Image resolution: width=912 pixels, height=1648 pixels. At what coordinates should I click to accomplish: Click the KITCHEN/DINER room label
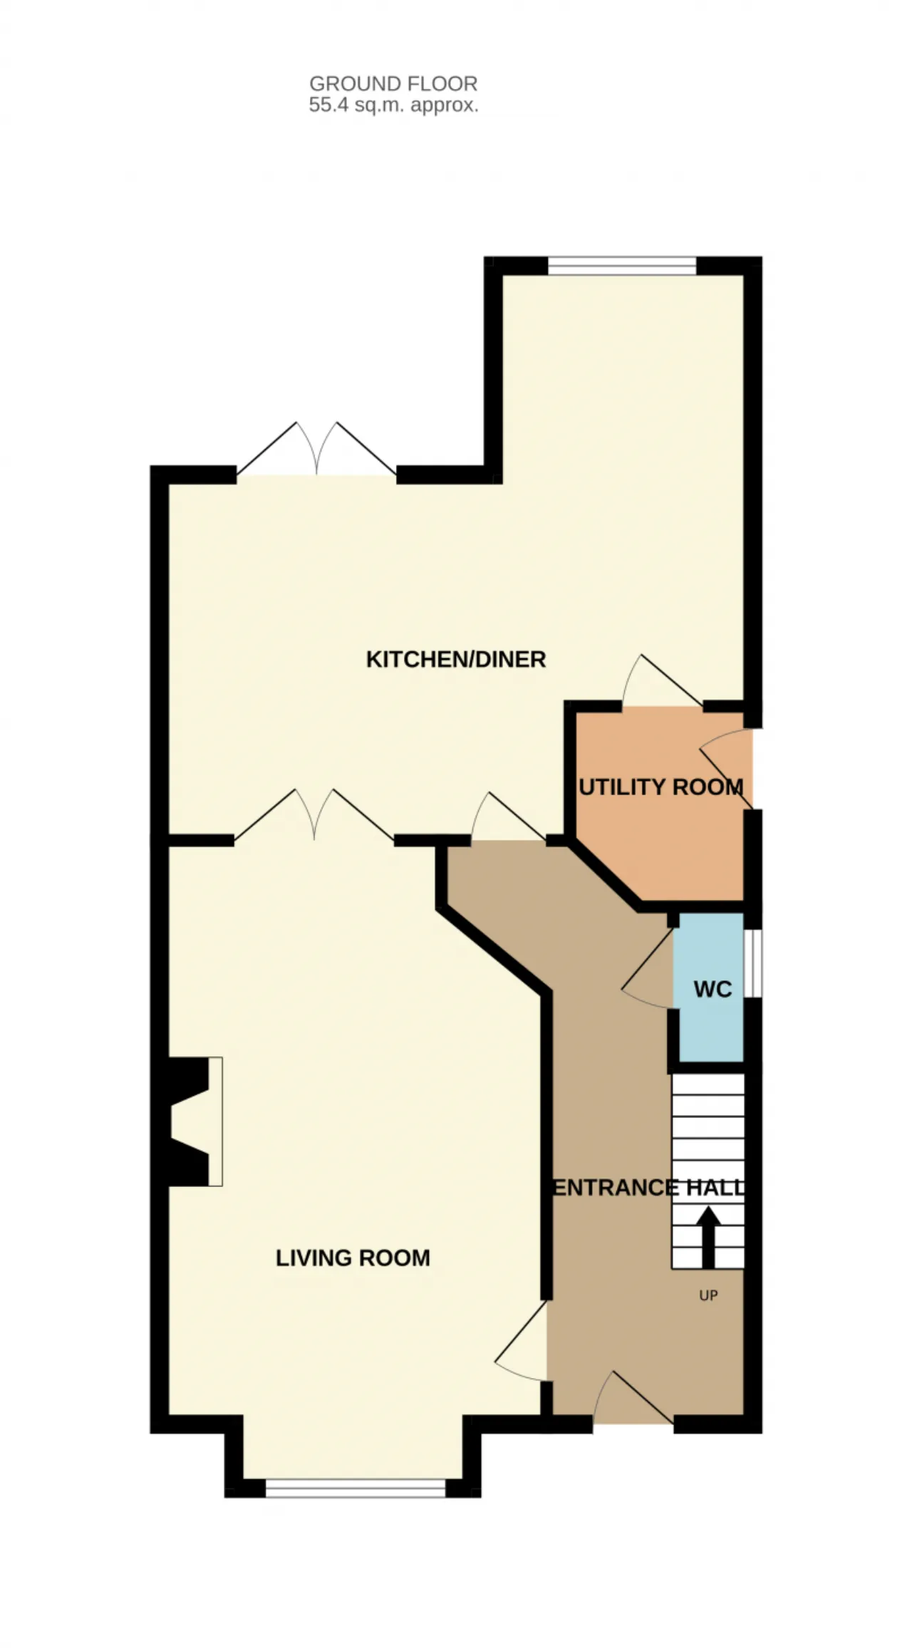(456, 660)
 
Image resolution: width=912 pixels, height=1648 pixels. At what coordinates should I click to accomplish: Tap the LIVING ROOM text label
(353, 1258)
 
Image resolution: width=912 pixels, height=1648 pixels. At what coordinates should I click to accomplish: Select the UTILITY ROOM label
(661, 787)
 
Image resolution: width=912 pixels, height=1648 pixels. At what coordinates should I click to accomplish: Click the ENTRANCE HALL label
(649, 1188)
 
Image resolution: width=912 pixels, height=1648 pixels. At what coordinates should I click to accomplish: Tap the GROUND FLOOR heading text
(393, 84)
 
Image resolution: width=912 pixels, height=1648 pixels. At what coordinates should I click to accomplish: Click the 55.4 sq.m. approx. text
(393, 105)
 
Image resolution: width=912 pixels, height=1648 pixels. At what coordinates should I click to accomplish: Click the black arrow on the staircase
(708, 1237)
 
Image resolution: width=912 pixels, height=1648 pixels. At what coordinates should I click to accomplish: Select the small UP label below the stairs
(708, 1296)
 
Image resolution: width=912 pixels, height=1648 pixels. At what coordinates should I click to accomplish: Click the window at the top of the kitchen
(622, 266)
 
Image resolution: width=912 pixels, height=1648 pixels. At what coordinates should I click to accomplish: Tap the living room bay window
(356, 1488)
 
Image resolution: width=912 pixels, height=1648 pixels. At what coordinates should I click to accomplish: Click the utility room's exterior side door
(727, 769)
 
